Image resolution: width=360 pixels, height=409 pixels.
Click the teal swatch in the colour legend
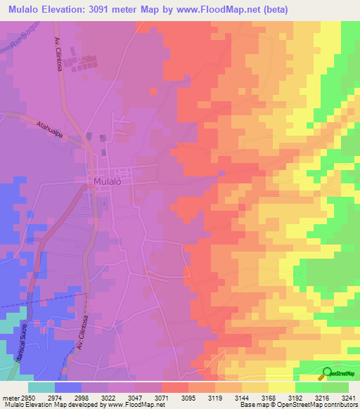click(41, 387)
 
